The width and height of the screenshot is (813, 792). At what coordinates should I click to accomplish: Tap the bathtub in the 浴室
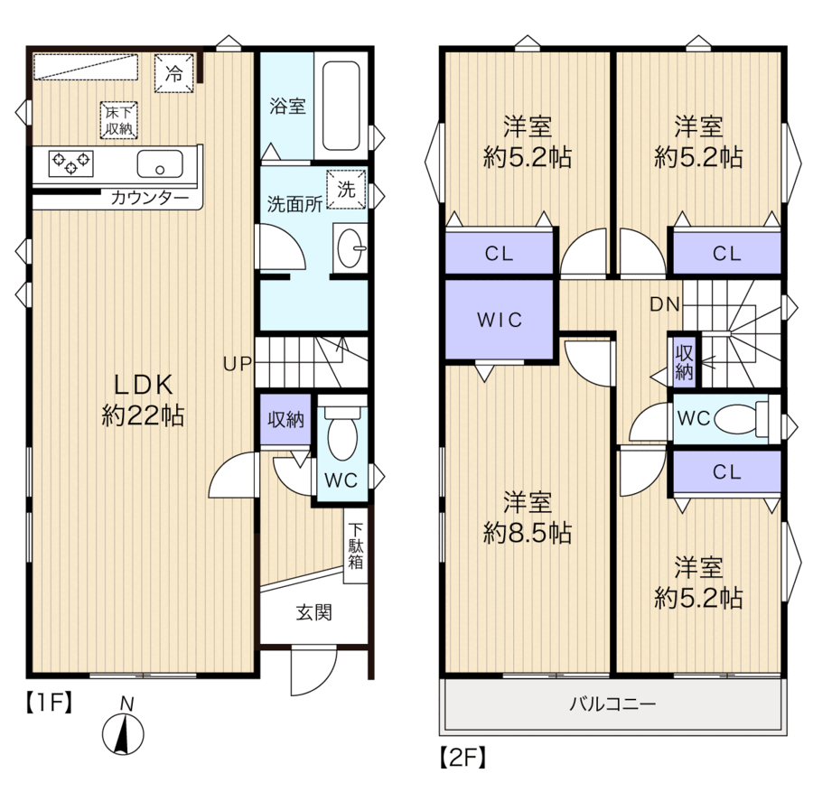[341, 106]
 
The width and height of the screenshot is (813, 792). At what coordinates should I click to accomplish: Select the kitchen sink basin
[160, 163]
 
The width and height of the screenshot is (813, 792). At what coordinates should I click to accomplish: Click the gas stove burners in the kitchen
[71, 163]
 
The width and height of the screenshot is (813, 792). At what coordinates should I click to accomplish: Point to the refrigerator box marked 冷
[173, 73]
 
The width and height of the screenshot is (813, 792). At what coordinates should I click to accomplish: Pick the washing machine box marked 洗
[346, 189]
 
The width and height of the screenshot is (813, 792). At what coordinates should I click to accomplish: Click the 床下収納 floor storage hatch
[118, 120]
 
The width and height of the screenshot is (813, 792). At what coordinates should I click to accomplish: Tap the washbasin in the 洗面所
[350, 248]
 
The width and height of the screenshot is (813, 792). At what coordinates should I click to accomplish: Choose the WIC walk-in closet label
[500, 320]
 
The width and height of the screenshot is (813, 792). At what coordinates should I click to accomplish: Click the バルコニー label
[612, 703]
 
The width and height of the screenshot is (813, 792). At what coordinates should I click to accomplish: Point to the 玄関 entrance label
[314, 612]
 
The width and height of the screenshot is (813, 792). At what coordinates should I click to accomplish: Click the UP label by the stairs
[238, 364]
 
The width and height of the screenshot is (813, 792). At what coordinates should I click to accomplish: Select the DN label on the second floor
[665, 304]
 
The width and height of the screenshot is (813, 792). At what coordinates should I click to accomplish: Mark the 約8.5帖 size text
[528, 533]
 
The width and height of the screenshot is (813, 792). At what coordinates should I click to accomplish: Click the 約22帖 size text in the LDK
[143, 415]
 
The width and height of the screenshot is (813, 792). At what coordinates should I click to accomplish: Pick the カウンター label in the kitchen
[150, 198]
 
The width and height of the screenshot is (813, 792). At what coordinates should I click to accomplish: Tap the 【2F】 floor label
[463, 758]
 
